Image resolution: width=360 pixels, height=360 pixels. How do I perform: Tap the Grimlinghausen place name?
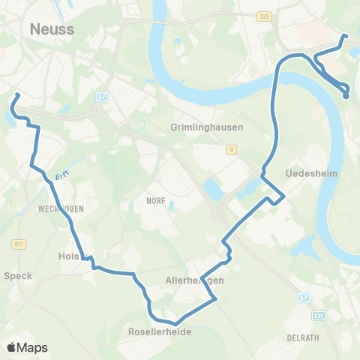coord(207,127)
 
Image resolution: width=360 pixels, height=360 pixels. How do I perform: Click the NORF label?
coord(155,201)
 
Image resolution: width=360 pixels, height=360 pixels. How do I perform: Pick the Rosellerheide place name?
coord(159,331)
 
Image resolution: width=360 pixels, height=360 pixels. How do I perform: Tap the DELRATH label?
coord(303,337)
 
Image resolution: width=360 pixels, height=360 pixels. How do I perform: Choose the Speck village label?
coord(18,275)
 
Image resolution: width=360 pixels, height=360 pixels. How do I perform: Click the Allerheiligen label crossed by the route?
coord(194,280)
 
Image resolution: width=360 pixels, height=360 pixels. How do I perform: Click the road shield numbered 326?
coord(264,15)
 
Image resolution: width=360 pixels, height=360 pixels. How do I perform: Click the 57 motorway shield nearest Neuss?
coord(102,97)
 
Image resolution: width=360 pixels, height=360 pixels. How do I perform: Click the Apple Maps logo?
coord(27,347)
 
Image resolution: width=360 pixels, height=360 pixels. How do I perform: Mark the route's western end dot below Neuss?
coord(18,95)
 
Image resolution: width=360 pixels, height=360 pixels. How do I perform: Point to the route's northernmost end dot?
coord(345,36)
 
